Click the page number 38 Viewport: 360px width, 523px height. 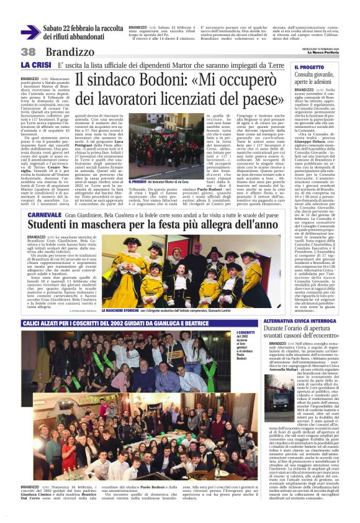(28, 52)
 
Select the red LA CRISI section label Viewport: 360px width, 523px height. (35, 65)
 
